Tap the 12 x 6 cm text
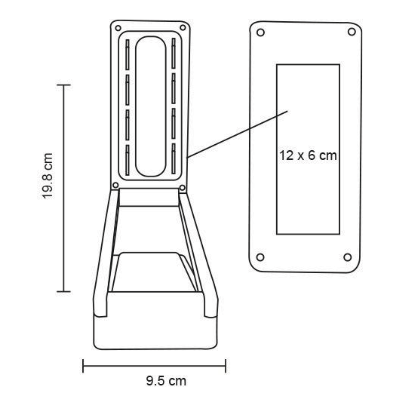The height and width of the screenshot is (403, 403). click(x=308, y=155)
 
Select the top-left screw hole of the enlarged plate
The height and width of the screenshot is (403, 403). click(x=260, y=32)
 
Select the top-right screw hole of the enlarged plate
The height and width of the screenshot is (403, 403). click(x=352, y=32)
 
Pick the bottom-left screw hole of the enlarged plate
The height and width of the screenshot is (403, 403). click(x=260, y=257)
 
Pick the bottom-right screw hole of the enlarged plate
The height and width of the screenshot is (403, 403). click(x=348, y=257)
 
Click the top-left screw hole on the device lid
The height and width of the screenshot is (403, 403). click(x=118, y=28)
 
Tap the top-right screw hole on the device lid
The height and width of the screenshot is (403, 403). click(x=183, y=28)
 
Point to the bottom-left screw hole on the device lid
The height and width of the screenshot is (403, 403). click(x=116, y=185)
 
